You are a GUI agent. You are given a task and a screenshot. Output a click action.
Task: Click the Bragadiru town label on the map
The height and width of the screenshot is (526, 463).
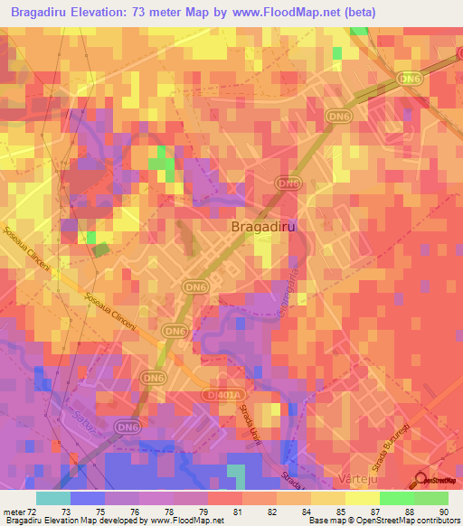coord(263,227)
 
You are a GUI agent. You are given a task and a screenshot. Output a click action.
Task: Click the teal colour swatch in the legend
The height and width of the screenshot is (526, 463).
coord(52,497)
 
